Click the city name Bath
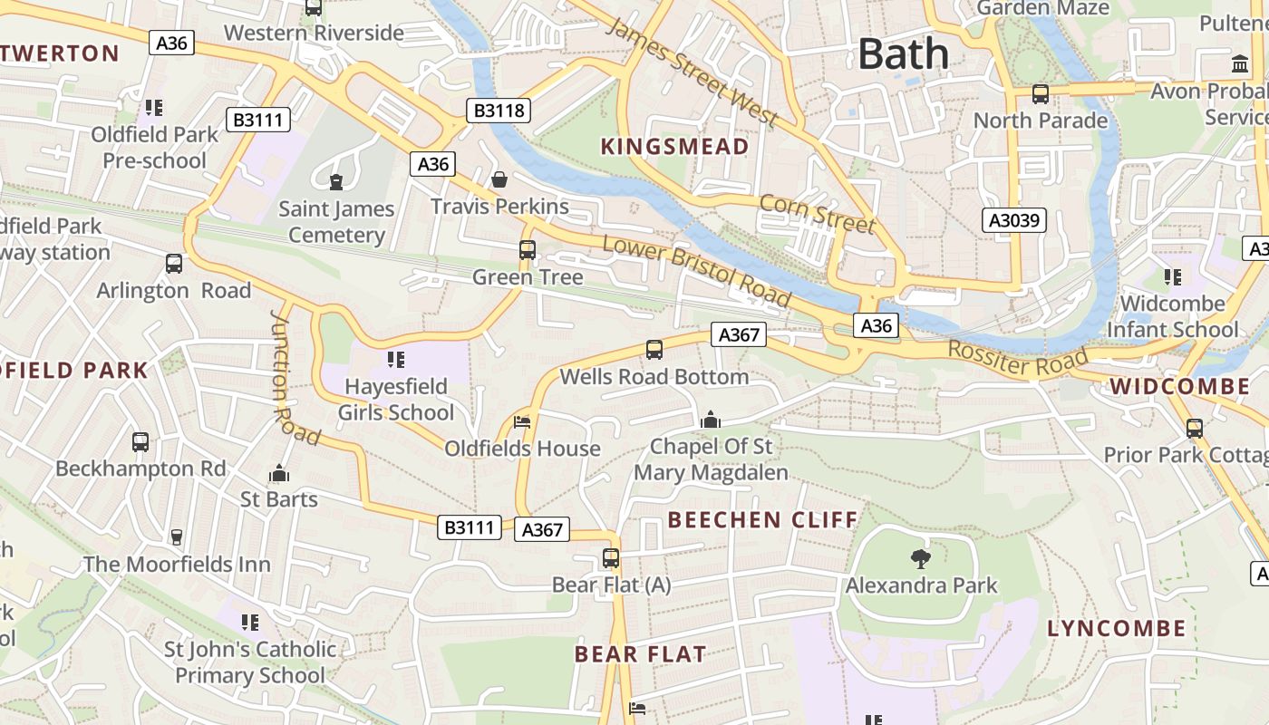(903, 53)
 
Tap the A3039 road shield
(1014, 220)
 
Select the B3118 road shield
(499, 111)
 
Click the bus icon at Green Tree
(528, 250)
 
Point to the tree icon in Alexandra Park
(921, 559)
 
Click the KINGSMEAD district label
(674, 147)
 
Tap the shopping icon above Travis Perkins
(499, 179)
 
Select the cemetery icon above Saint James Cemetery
(336, 182)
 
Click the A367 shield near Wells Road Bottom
(739, 334)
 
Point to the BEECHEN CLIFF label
(762, 520)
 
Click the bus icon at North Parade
(1041, 93)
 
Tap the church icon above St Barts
(279, 473)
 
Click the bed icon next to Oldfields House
(522, 422)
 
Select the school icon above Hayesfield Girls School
(395, 360)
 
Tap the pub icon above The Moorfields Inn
(177, 537)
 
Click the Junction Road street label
(295, 378)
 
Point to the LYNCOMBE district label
(1116, 628)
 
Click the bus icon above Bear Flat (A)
(611, 558)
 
